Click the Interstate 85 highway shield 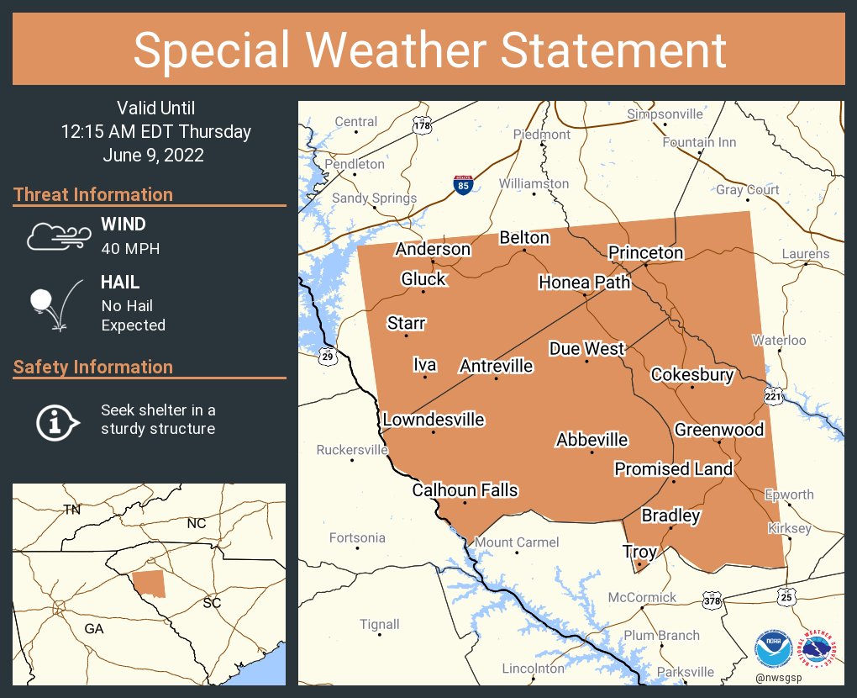(463, 185)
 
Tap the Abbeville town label (591, 440)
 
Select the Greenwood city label (719, 430)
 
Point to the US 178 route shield (422, 125)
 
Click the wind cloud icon (56, 236)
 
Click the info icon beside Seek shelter (57, 420)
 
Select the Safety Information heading (93, 367)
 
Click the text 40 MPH (130, 248)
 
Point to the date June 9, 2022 (154, 156)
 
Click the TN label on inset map (72, 510)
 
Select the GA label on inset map (93, 628)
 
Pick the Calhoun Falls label (465, 490)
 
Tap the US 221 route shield (774, 394)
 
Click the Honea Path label (584, 283)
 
